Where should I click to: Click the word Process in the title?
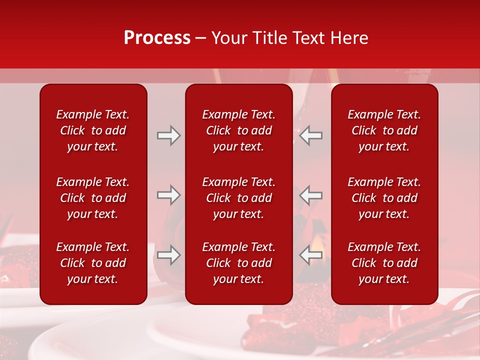pyautogui.click(x=157, y=38)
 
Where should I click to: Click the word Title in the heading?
pyautogui.click(x=269, y=38)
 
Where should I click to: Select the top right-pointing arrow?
pyautogui.click(x=169, y=135)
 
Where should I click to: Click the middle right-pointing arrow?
pyautogui.click(x=169, y=195)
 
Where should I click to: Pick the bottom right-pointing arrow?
pyautogui.click(x=169, y=255)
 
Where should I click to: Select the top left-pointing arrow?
pyautogui.click(x=311, y=135)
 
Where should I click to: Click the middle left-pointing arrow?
pyautogui.click(x=311, y=195)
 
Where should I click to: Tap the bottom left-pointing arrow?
pyautogui.click(x=311, y=255)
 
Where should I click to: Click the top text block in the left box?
pyautogui.click(x=93, y=130)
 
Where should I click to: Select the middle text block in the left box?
pyautogui.click(x=93, y=198)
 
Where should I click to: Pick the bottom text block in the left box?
pyautogui.click(x=93, y=263)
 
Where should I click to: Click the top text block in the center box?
pyautogui.click(x=238, y=130)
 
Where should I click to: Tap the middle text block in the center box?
pyautogui.click(x=238, y=198)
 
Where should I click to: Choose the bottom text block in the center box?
pyautogui.click(x=238, y=263)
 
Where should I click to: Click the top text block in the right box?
pyautogui.click(x=384, y=130)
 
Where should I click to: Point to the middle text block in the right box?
pyautogui.click(x=384, y=198)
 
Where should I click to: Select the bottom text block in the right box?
pyautogui.click(x=384, y=263)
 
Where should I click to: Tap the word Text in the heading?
pyautogui.click(x=308, y=38)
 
